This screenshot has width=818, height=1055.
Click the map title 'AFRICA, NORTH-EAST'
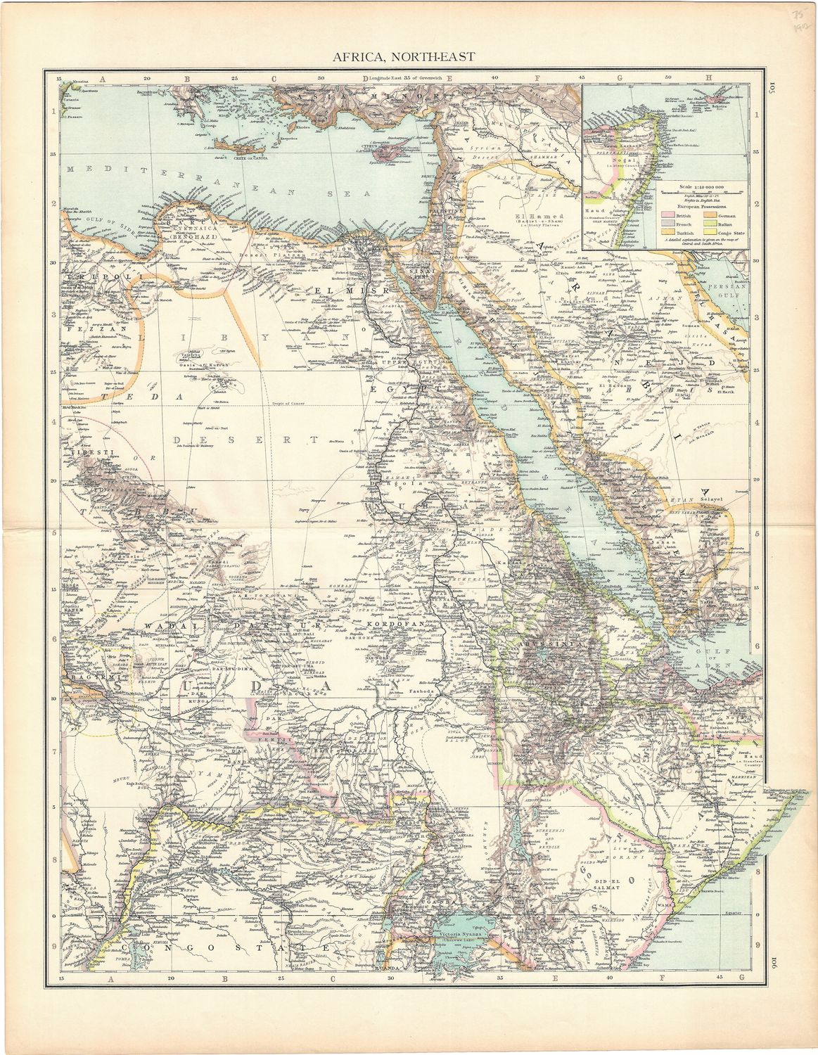(x=408, y=56)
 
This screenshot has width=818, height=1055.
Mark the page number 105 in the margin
(x=771, y=88)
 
